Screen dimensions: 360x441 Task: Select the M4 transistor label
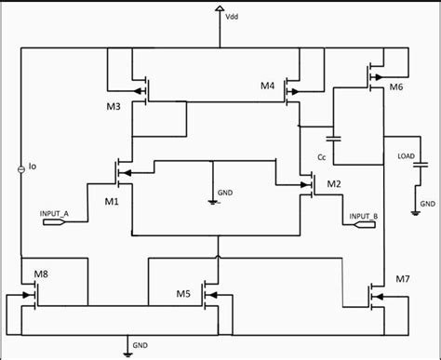[268, 86]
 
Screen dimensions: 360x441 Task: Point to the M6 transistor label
[395, 87]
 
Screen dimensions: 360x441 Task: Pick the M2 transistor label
[333, 184]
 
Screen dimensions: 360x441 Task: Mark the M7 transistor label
[402, 279]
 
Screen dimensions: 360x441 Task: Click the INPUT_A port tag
[55, 213]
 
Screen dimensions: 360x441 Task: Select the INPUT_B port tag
[363, 217]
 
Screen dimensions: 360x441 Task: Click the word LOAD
[406, 155]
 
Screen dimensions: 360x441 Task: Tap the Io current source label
[32, 168]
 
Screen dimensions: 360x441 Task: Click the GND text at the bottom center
[140, 343]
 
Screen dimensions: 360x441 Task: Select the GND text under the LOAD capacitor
[427, 203]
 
